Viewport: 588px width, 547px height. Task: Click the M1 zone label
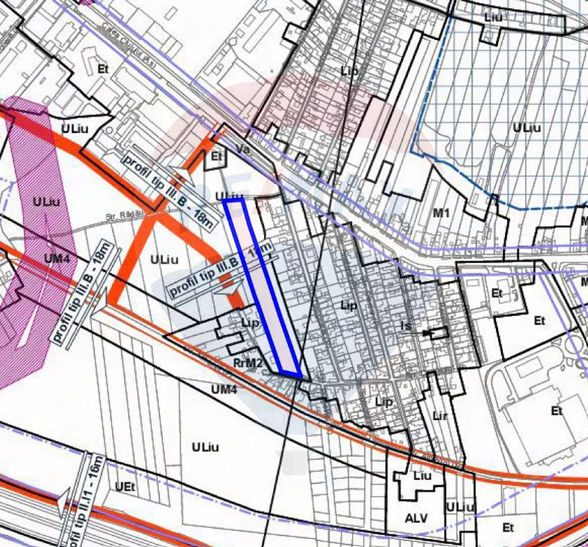tap(441, 213)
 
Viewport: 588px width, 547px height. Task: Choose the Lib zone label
tap(349, 71)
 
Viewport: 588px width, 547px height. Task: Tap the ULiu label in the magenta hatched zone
tap(47, 201)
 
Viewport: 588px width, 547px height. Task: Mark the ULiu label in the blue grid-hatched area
tap(527, 128)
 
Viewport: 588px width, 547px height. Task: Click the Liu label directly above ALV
tap(422, 476)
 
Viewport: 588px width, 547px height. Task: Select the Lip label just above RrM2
tap(251, 323)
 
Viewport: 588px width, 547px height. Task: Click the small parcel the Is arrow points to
tap(437, 333)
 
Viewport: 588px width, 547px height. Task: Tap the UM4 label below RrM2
tap(223, 389)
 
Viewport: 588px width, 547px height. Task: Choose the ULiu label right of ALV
tap(460, 507)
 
